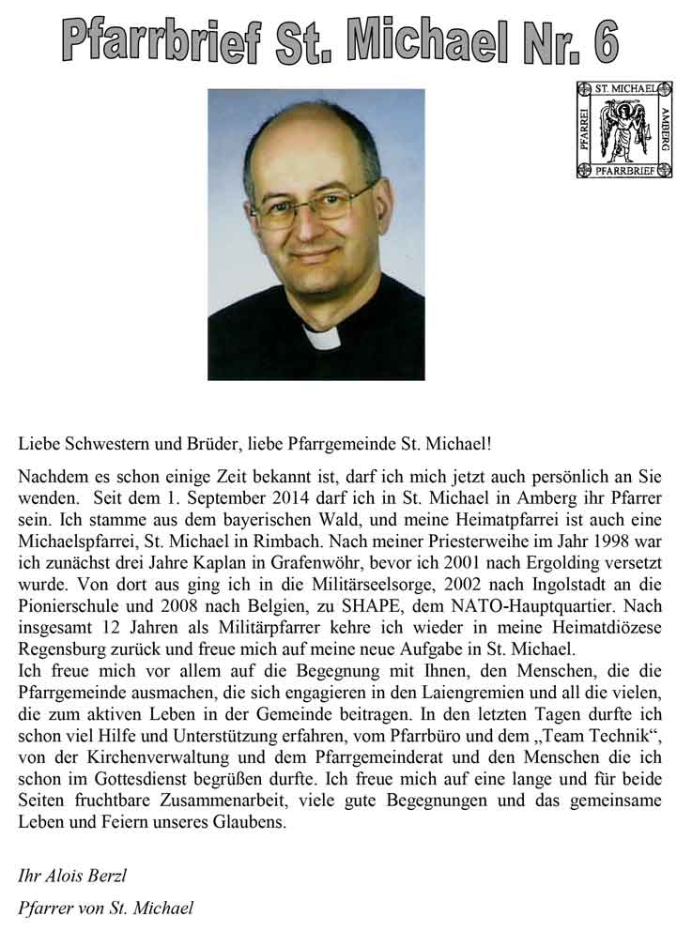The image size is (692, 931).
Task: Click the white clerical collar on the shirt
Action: [x=324, y=337]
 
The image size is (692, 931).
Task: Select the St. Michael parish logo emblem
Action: [x=624, y=129]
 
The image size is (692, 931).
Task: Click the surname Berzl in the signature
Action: [x=102, y=877]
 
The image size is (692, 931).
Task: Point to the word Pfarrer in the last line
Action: [x=45, y=908]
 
